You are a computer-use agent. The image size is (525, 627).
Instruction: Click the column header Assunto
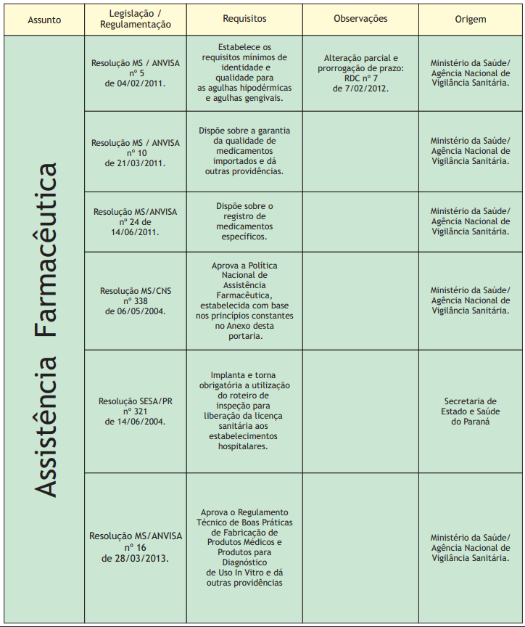[44, 20]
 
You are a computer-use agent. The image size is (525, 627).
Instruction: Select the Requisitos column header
[244, 19]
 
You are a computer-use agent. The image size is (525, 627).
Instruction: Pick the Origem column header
[471, 19]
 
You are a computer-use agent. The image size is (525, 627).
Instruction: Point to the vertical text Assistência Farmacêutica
[46, 329]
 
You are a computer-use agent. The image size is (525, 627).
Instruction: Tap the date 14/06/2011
[136, 231]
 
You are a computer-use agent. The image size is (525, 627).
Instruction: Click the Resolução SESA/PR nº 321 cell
[136, 411]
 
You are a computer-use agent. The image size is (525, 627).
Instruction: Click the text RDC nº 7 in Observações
[360, 78]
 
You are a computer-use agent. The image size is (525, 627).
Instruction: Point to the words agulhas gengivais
[244, 97]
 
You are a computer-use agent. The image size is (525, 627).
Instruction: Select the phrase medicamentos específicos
[244, 231]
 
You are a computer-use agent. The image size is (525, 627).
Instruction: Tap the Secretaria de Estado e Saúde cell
[470, 411]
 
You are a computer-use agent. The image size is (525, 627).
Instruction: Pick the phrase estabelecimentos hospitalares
[244, 441]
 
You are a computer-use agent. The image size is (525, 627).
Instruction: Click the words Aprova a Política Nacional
[244, 271]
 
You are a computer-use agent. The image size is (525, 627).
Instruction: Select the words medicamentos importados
[244, 156]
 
